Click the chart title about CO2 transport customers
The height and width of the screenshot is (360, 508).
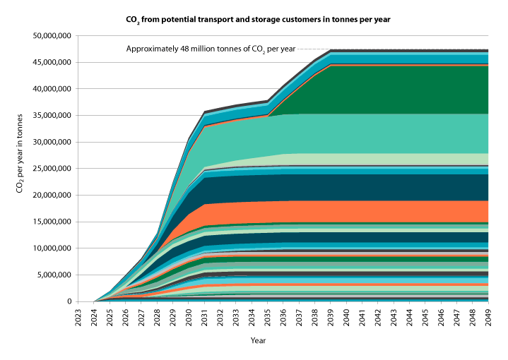254,19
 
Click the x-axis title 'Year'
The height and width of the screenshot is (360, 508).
258,340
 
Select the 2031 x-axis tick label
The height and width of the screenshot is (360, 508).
204,316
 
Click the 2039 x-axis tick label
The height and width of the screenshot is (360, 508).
331,316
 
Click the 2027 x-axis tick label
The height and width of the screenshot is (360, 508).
141,316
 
